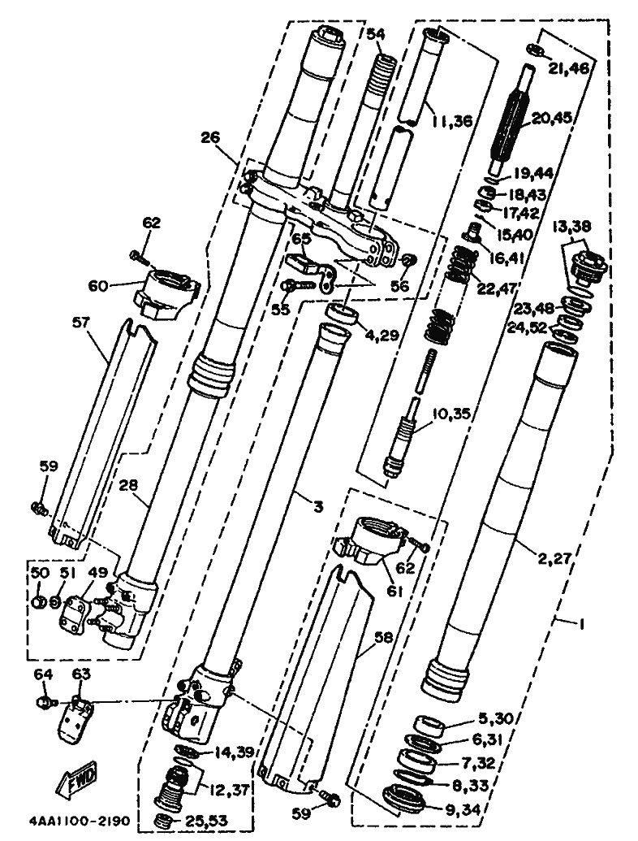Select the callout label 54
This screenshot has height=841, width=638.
(x=376, y=34)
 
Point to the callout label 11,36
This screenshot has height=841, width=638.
(x=453, y=122)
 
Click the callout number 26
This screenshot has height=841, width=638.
(x=210, y=138)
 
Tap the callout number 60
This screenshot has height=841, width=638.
(x=98, y=286)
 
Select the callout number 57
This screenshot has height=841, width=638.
(x=84, y=322)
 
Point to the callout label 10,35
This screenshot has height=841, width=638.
(x=451, y=414)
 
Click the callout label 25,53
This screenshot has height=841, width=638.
(x=205, y=820)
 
